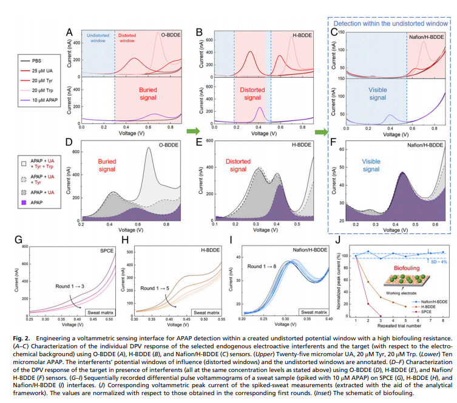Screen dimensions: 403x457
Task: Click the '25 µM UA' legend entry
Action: pos(43,71)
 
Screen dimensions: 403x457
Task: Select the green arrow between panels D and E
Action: pos(192,131)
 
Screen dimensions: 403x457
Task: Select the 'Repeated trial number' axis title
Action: pos(398,326)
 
